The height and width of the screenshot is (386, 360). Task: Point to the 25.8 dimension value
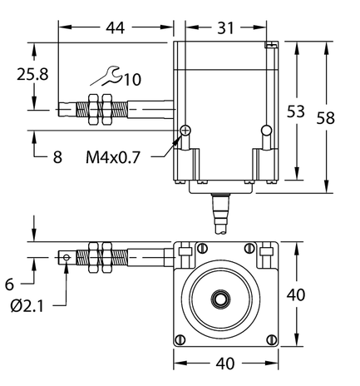click(33, 74)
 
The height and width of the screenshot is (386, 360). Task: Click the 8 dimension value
click(57, 156)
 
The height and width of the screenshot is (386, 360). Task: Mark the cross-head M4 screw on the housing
click(186, 129)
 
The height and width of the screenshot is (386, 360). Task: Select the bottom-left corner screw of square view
click(180, 339)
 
